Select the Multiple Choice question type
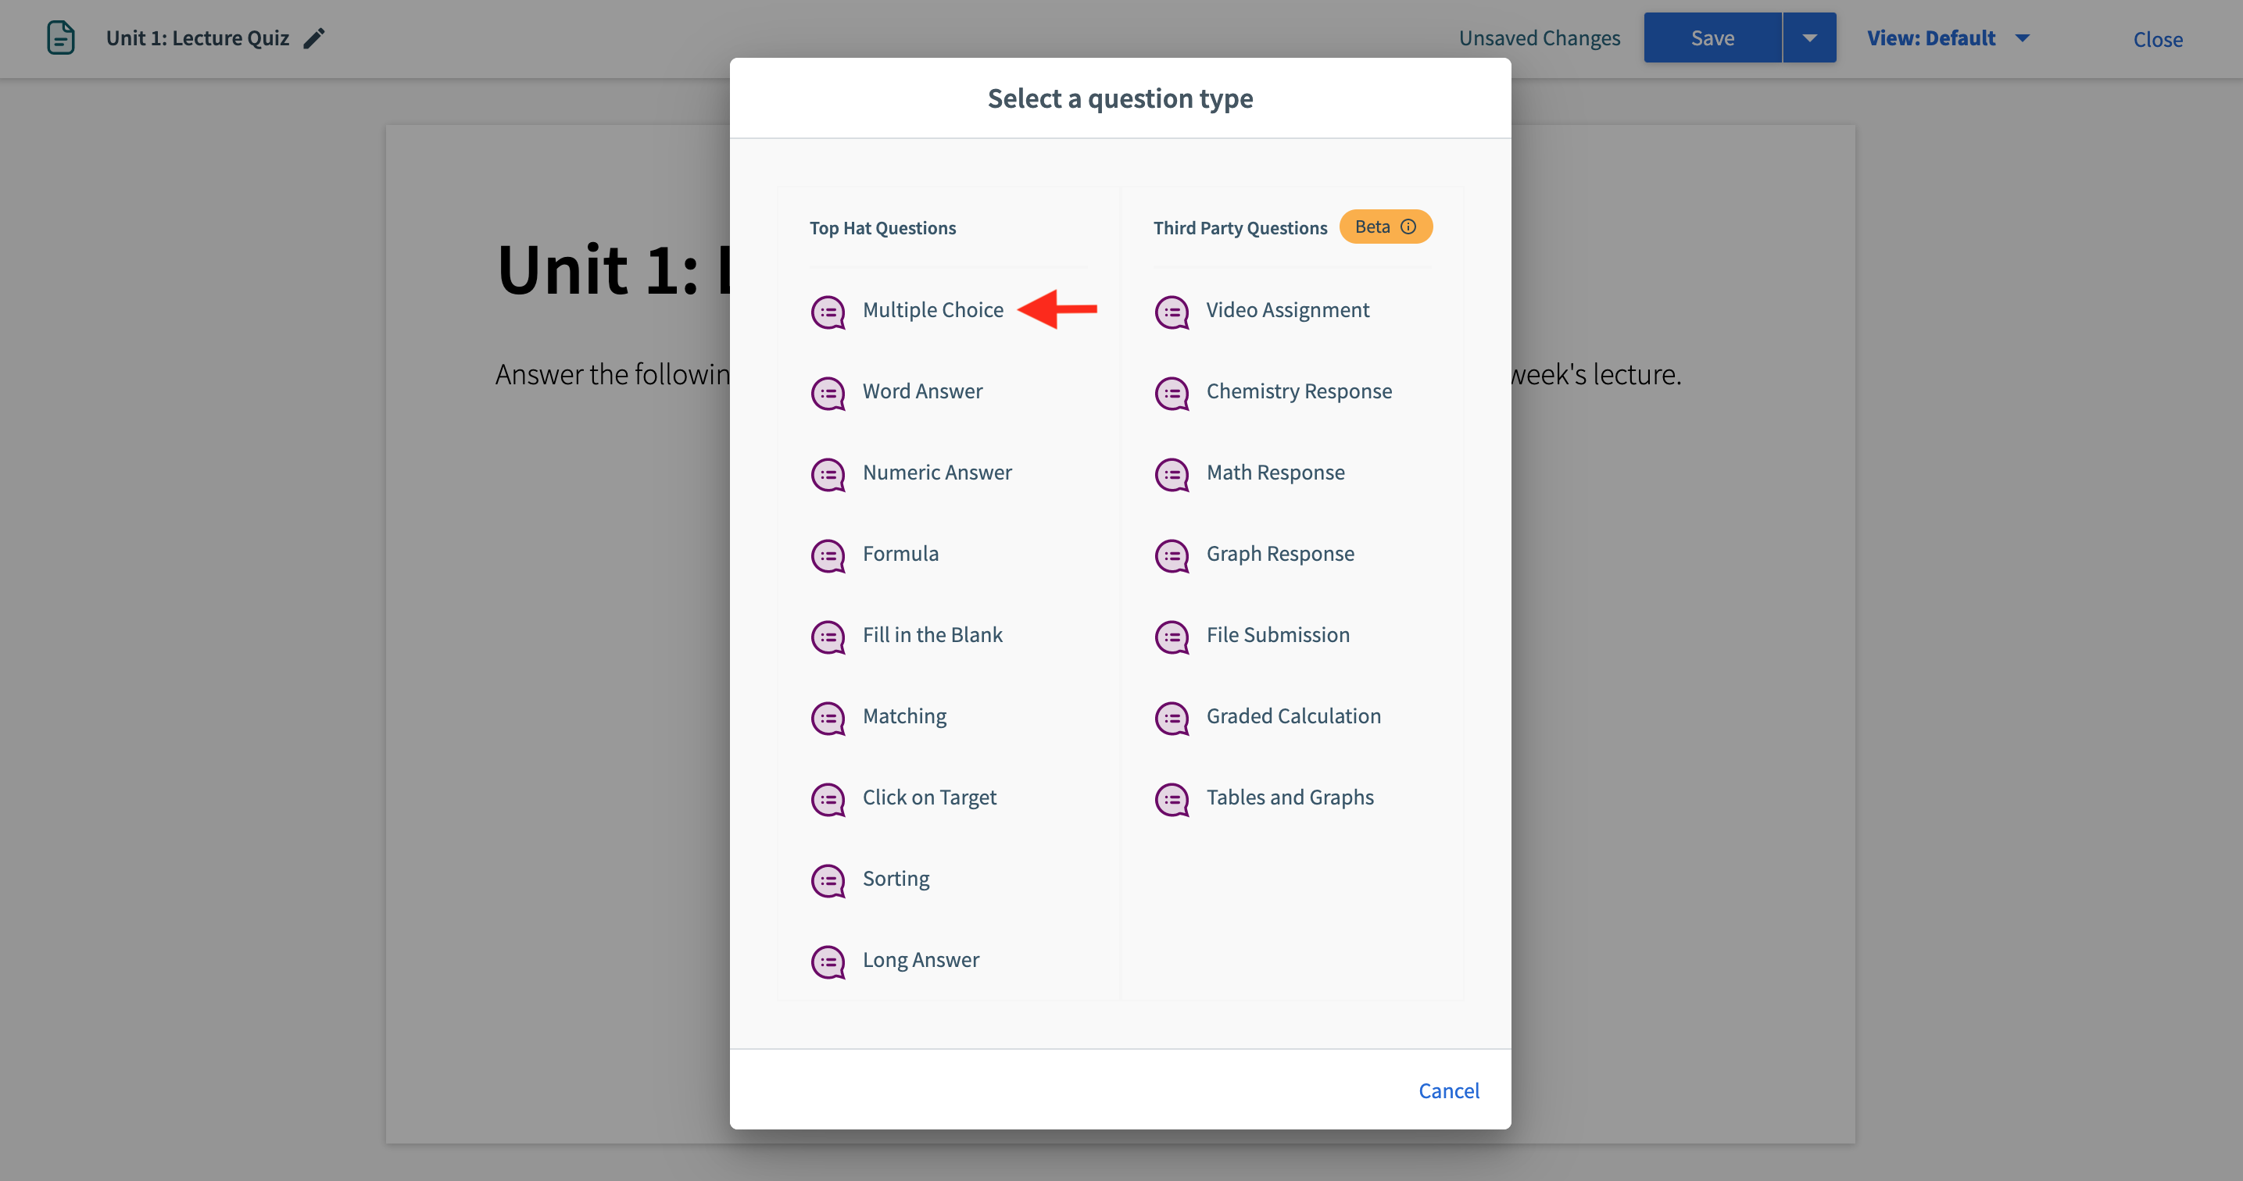pyautogui.click(x=932, y=311)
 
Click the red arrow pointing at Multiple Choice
pyautogui.click(x=1057, y=309)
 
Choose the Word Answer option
pyautogui.click(x=922, y=391)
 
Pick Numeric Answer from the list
pyautogui.click(x=937, y=473)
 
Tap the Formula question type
pyautogui.click(x=900, y=555)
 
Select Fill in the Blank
pyautogui.click(x=932, y=635)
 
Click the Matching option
pyautogui.click(x=903, y=716)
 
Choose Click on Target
pyautogui.click(x=929, y=798)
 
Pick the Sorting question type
pyautogui.click(x=895, y=879)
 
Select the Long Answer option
pyautogui.click(x=921, y=960)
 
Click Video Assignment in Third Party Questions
pyautogui.click(x=1287, y=311)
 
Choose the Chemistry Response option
pyautogui.click(x=1298, y=391)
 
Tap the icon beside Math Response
pyautogui.click(x=1172, y=474)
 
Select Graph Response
pyautogui.click(x=1280, y=555)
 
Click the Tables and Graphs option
pyautogui.click(x=1290, y=798)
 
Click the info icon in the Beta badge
pyautogui.click(x=1408, y=227)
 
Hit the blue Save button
pyautogui.click(x=1712, y=38)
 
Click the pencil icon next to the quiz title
pyautogui.click(x=314, y=38)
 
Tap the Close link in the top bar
pyautogui.click(x=2157, y=40)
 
